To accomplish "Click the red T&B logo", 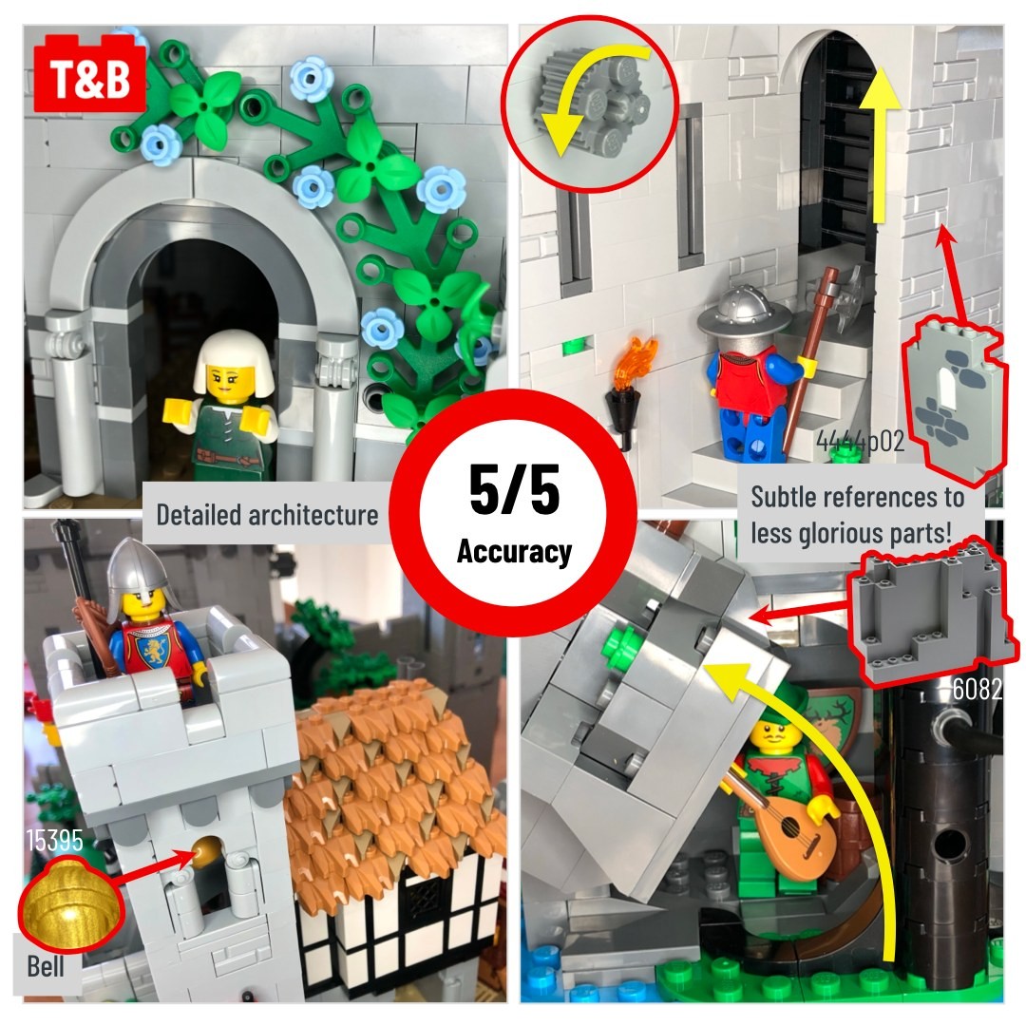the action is (x=89, y=76).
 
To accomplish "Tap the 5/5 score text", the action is (x=514, y=489).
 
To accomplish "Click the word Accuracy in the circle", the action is (x=514, y=551).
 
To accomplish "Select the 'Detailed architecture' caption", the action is (x=267, y=514).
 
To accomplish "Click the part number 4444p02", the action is (x=860, y=442).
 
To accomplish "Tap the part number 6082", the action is (x=977, y=689).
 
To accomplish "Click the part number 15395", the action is (x=55, y=840).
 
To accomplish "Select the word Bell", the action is (x=46, y=966).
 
